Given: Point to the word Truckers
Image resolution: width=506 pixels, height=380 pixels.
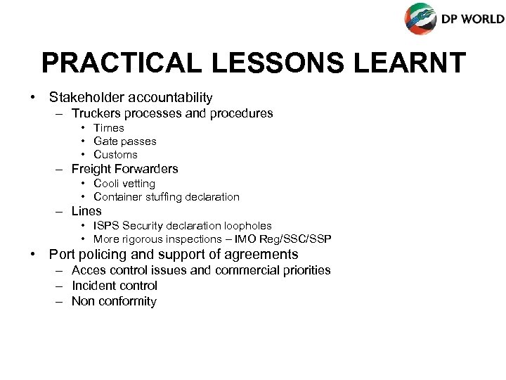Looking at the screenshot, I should coord(96,113).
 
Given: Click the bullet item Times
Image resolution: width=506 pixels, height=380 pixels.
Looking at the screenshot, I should coord(108,128).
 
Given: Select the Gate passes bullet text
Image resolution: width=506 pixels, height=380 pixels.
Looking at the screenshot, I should coord(125,141).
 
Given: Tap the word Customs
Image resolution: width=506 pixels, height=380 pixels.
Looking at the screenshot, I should coord(115,155).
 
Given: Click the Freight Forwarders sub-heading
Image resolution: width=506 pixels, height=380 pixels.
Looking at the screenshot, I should coord(124,169).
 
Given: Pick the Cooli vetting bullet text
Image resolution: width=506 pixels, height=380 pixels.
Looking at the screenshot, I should coord(124,184).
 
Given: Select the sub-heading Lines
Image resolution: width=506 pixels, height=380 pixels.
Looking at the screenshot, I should coord(86,211).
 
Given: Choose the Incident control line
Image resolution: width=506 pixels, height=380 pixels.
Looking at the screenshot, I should coord(114,286).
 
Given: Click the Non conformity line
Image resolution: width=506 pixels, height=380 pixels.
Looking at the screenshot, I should coord(114,301).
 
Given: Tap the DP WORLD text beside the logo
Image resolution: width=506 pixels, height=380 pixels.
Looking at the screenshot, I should coord(472,20).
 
